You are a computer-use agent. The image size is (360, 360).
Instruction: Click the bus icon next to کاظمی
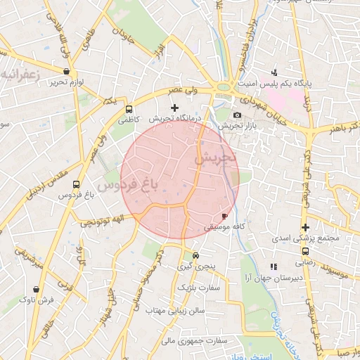click(129, 110)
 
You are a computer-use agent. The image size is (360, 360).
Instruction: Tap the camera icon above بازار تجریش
click(237, 115)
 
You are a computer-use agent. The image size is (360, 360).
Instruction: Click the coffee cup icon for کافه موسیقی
click(224, 216)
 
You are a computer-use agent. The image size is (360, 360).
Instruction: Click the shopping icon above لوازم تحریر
click(67, 71)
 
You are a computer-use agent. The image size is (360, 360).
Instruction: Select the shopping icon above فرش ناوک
click(37, 288)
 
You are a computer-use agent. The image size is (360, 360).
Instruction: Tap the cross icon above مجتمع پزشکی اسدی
click(305, 227)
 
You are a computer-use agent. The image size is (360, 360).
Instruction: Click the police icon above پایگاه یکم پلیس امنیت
click(274, 72)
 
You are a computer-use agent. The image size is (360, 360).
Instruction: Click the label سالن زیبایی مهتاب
click(175, 310)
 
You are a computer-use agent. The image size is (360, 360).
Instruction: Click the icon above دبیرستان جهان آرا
click(274, 266)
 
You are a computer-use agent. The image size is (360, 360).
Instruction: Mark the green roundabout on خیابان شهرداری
click(224, 87)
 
